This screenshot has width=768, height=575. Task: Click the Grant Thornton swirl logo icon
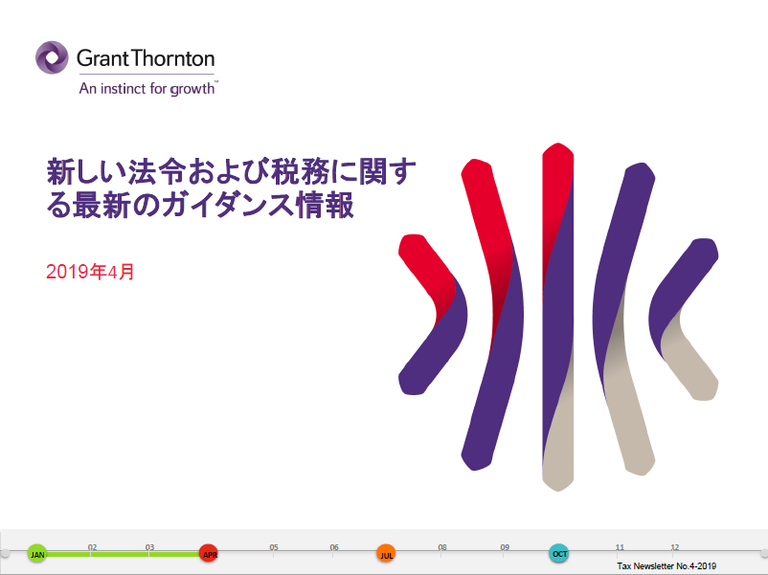pos(52,57)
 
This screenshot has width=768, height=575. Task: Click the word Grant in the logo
pos(102,58)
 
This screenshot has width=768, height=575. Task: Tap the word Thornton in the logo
pos(172,58)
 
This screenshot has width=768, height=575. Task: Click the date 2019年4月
pos(90,272)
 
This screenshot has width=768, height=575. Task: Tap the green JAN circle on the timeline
pos(37,553)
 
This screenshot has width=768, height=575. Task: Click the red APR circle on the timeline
pos(209,553)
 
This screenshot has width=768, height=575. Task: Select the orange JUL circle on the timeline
pos(386,554)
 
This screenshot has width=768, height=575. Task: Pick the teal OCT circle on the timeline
pos(559,553)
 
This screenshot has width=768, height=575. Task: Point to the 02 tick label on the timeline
pos(92,547)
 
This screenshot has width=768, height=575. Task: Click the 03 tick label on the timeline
pos(149,547)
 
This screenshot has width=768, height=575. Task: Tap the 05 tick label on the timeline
pos(274,547)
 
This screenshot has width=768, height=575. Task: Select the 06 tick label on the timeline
pos(334,547)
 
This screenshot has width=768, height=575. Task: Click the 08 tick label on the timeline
pos(442,547)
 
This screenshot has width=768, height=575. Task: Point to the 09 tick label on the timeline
pos(505,547)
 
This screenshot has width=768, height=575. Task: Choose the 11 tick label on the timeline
pos(620,547)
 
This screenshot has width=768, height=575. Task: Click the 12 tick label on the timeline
pos(675,547)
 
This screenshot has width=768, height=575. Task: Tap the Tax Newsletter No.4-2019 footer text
pos(666,566)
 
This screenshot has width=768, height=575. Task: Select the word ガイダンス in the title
pos(228,205)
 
